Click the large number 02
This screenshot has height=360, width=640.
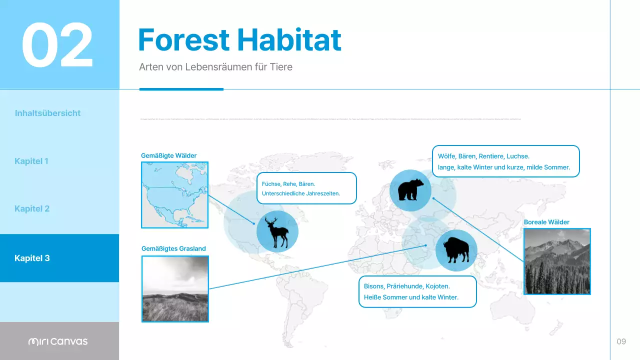[x=57, y=45]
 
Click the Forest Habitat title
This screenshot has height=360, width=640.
[x=239, y=40]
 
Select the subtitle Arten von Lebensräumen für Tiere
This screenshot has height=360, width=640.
[x=215, y=66]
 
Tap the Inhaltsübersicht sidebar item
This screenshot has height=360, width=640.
[x=47, y=113]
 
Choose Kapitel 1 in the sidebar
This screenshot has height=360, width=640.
[x=31, y=161]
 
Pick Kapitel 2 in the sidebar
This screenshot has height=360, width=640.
[x=32, y=208]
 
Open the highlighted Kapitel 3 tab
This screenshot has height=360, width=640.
[x=32, y=258]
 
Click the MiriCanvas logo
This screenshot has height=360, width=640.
[x=58, y=341]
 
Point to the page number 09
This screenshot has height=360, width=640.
[x=621, y=341]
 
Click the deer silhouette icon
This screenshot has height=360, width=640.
[x=277, y=231]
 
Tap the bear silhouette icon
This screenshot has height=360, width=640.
[x=410, y=190]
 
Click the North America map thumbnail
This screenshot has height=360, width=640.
[x=174, y=195]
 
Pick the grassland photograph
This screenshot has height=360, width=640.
[x=175, y=289]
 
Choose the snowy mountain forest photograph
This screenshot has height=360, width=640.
[x=556, y=261]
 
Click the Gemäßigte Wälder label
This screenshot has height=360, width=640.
[x=168, y=155]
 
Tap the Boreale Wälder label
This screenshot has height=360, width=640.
[x=546, y=222]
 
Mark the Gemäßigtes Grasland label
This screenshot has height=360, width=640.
[x=173, y=248]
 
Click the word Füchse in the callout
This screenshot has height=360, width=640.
[x=270, y=184]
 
